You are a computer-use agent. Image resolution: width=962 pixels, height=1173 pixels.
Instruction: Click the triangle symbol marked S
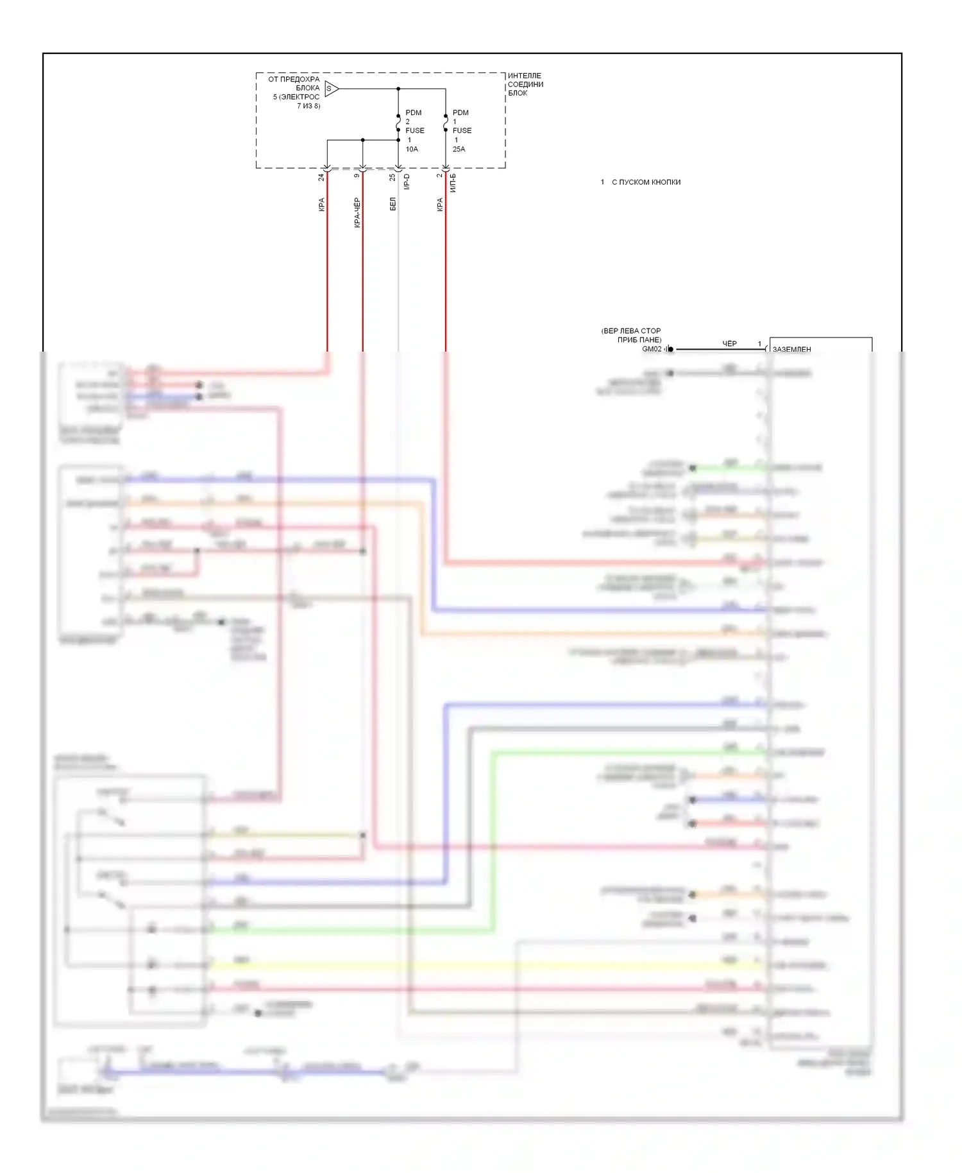330,89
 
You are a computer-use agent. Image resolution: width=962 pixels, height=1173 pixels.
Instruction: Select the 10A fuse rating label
412,149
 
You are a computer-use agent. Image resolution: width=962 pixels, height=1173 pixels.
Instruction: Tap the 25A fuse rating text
459,149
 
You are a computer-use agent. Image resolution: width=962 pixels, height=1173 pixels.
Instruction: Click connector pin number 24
321,177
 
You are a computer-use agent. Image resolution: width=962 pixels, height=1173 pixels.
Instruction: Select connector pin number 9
357,175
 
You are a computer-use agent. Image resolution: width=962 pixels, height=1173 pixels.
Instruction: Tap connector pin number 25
392,177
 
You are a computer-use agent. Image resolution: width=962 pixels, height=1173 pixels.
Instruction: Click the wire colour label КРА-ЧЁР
357,212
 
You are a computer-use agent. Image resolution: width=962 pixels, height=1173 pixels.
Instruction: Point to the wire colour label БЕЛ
392,204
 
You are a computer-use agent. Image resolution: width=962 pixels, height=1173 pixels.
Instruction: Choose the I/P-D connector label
407,182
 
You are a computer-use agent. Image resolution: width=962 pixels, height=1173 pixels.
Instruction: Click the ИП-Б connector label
453,183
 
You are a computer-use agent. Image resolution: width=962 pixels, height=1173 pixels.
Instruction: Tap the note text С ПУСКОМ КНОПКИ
646,182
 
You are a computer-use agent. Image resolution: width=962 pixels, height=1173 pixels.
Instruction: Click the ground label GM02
651,349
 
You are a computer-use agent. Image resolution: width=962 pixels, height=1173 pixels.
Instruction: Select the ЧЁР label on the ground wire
730,344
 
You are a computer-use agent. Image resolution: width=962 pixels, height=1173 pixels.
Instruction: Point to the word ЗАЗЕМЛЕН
791,350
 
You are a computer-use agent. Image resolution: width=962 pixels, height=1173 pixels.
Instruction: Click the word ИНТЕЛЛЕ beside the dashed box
525,76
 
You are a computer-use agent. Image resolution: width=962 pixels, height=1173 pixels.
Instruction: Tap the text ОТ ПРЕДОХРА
294,80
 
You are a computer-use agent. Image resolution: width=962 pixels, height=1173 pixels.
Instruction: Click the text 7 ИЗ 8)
308,106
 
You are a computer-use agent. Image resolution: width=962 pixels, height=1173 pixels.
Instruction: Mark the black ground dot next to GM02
671,350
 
